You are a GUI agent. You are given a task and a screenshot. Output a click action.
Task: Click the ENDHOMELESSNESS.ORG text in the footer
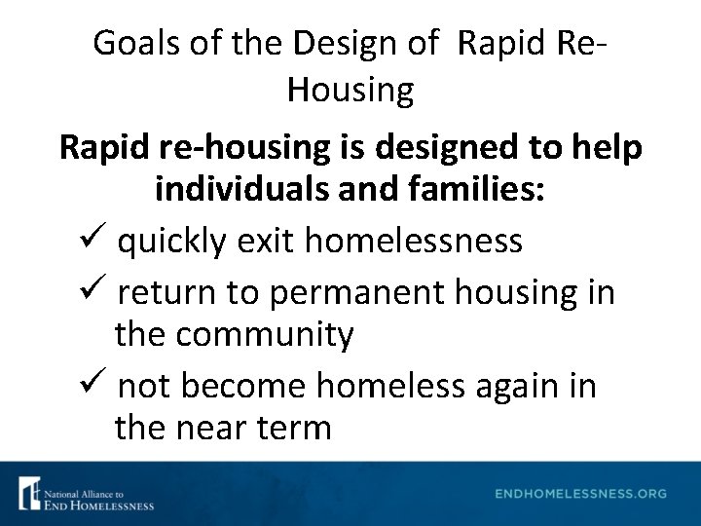580,494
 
